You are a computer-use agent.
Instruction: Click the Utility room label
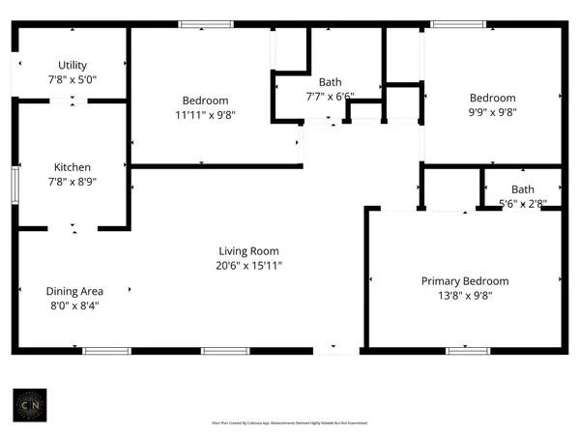pos(72,66)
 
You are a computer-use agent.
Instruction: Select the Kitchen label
pos(72,166)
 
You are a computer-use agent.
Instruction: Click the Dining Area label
pos(74,291)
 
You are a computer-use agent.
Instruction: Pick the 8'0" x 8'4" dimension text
pos(74,305)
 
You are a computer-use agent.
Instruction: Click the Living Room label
pos(248,251)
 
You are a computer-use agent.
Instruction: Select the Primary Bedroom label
pos(464,281)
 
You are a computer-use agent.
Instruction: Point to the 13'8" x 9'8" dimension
pos(464,296)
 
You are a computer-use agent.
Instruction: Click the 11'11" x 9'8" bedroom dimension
pos(205,114)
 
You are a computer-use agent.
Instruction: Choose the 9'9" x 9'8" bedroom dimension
pos(492,111)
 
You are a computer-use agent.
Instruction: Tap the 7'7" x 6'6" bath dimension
pos(330,96)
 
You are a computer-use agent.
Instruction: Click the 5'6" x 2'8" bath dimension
pos(523,203)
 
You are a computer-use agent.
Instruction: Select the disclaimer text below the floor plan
pos(290,422)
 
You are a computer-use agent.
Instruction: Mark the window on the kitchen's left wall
pos(14,182)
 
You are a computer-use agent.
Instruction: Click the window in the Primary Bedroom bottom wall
pos(463,350)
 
